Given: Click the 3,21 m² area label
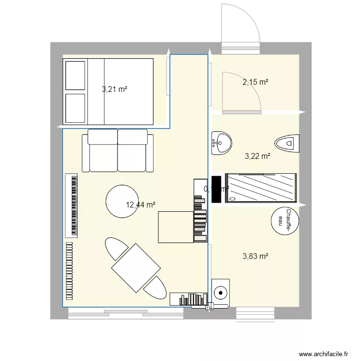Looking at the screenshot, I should pyautogui.click(x=115, y=89).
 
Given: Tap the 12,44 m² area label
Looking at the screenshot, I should pyautogui.click(x=141, y=205).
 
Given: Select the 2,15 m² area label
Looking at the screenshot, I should pyautogui.click(x=255, y=82).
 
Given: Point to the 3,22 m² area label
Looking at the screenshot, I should pyautogui.click(x=258, y=156).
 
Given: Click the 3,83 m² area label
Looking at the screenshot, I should pyautogui.click(x=255, y=257).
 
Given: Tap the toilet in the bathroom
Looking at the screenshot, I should pyautogui.click(x=287, y=143).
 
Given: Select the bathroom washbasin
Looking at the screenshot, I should pyautogui.click(x=221, y=143).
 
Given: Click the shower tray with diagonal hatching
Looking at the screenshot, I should pyautogui.click(x=261, y=188).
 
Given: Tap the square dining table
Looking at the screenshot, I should pyautogui.click(x=136, y=268).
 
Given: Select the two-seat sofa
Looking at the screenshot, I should pyautogui.click(x=117, y=150).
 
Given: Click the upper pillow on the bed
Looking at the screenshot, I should pyautogui.click(x=75, y=75).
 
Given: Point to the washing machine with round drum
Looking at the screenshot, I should pyautogui.click(x=221, y=292).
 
